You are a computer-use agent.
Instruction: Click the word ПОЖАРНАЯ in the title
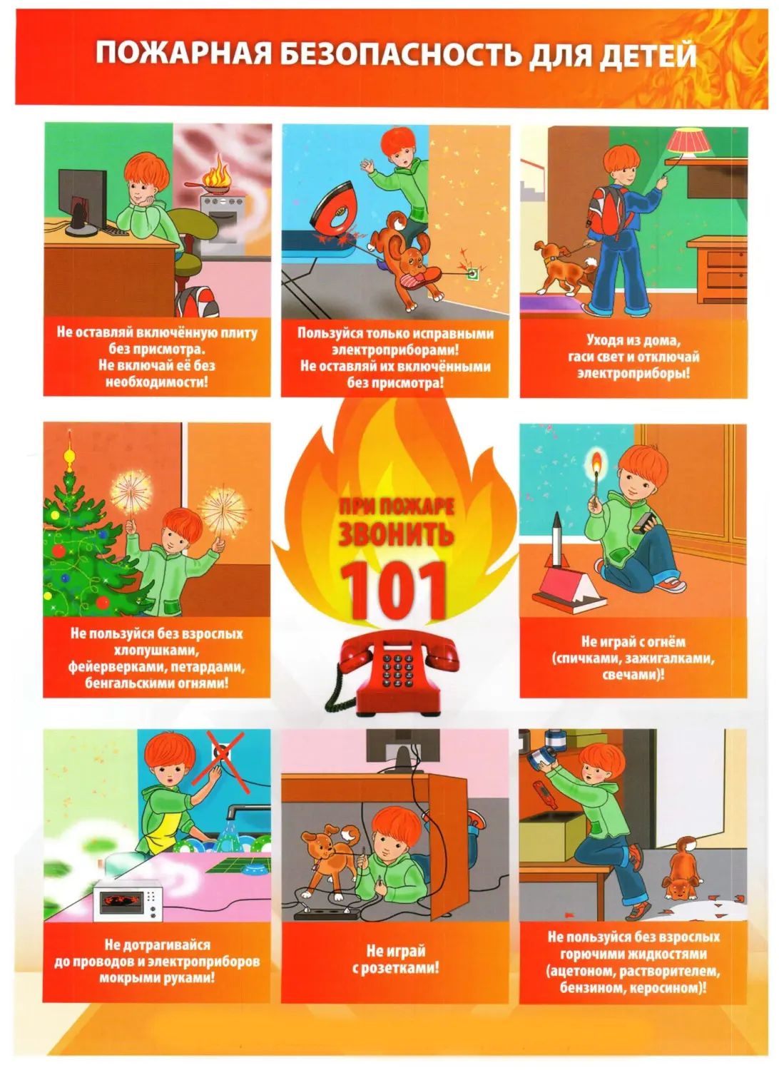pyautogui.click(x=184, y=54)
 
